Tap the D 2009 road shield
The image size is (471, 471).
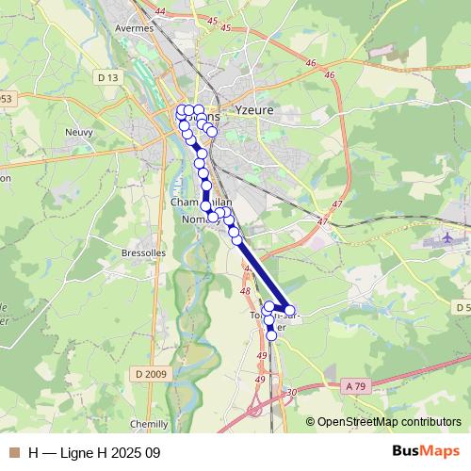(x=150, y=374)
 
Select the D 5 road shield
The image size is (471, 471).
(x=463, y=308)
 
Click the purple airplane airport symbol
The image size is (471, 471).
(x=445, y=240)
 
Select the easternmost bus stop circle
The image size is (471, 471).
(x=289, y=310)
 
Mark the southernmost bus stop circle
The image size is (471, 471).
(x=271, y=335)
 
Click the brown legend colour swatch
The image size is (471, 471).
(x=13, y=452)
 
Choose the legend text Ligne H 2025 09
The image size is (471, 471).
(x=109, y=452)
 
